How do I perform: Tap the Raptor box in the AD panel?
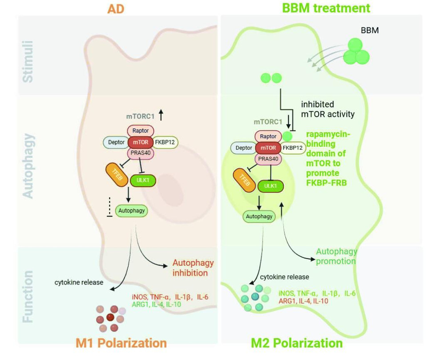click(141, 131)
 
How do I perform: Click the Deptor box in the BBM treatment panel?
click(244, 148)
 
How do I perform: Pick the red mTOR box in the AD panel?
click(141, 142)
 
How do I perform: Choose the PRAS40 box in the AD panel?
click(141, 153)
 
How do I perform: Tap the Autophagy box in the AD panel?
click(132, 211)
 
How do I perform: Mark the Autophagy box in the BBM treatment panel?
click(259, 216)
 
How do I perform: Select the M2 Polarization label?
click(297, 343)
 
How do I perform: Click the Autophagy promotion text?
click(336, 256)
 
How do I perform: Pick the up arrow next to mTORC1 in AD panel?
click(161, 115)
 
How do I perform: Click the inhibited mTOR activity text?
click(327, 110)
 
